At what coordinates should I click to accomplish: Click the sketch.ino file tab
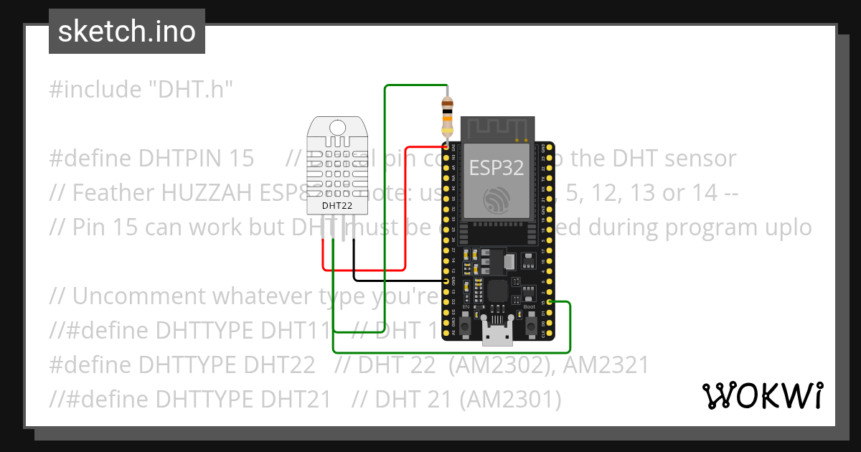[x=126, y=32]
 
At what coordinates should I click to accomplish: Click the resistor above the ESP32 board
[x=447, y=116]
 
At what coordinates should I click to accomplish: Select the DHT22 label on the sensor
[x=337, y=205]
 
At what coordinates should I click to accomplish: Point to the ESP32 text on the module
[x=497, y=168]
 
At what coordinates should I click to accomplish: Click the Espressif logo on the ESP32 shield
[x=497, y=199]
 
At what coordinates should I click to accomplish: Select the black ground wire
[x=395, y=279]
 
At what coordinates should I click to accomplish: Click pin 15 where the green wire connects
[x=550, y=303]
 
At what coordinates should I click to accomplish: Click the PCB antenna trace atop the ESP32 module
[x=497, y=129]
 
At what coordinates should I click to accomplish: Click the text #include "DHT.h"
[x=142, y=90]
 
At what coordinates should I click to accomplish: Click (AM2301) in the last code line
[x=510, y=399]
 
